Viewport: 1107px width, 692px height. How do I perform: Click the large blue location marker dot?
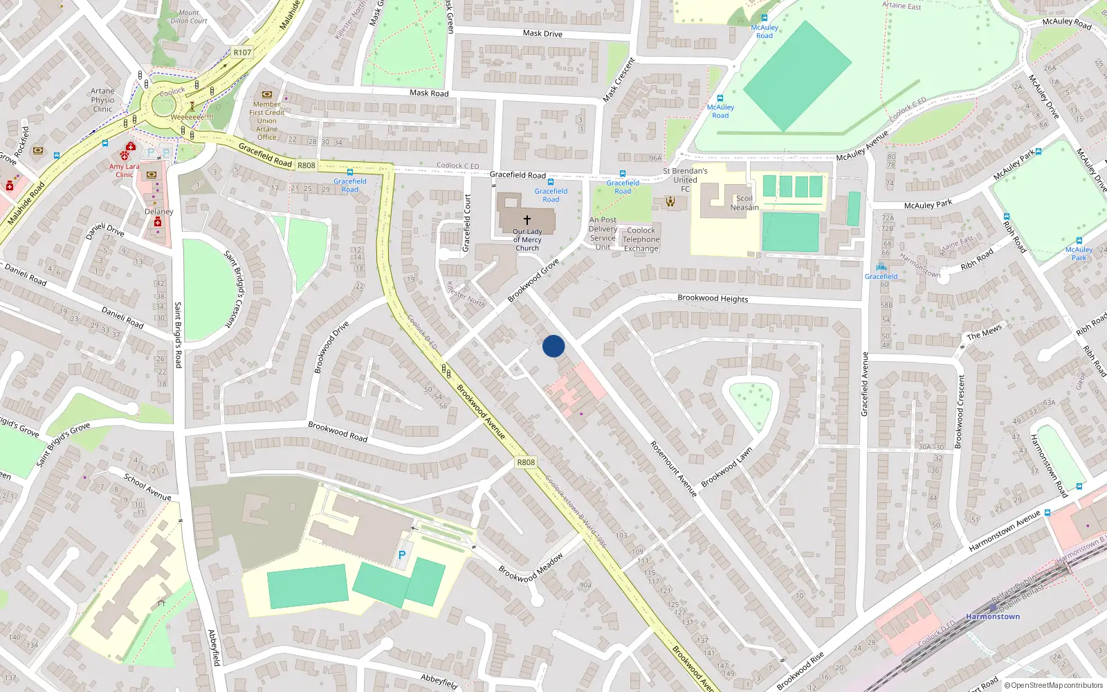pos(553,346)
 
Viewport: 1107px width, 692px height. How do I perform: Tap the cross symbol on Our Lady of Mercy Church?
pos(527,219)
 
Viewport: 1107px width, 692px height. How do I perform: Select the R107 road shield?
pos(242,53)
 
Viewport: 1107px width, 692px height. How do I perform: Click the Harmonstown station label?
pos(993,617)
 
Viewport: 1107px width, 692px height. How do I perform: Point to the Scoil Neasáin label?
pos(744,203)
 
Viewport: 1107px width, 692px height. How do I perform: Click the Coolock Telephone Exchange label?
pos(641,239)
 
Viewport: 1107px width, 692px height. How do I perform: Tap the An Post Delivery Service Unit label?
pos(603,233)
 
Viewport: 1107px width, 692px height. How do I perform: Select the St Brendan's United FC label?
pos(685,179)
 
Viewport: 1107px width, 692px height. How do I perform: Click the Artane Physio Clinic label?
pos(102,100)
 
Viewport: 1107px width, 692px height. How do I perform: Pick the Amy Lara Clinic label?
pos(125,170)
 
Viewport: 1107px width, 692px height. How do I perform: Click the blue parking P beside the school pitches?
pos(402,555)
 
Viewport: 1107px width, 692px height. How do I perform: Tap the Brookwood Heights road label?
pos(713,298)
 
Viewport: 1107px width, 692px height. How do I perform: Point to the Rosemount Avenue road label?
pos(673,468)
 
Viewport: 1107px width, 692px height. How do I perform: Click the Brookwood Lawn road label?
pos(726,467)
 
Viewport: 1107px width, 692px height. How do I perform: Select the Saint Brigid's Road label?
pos(178,334)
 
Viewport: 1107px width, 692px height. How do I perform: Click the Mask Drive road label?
pos(542,33)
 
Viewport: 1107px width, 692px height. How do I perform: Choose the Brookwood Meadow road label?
pos(531,568)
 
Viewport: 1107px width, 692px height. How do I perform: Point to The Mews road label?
pos(984,332)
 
